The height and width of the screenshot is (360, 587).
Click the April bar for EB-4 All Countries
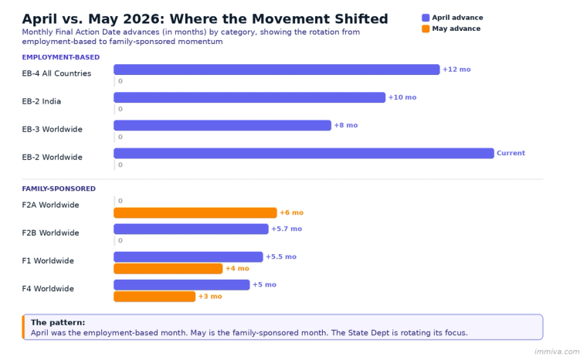click(x=277, y=70)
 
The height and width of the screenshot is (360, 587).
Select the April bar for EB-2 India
click(x=249, y=97)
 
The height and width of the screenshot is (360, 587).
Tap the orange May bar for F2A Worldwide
click(x=195, y=212)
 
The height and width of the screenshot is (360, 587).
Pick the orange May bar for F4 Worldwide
click(x=154, y=296)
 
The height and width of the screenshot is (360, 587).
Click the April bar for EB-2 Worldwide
click(x=304, y=153)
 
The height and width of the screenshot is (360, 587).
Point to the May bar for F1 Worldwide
click(x=168, y=268)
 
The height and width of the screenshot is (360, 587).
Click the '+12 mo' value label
click(x=456, y=70)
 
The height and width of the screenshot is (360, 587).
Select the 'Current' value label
click(x=511, y=153)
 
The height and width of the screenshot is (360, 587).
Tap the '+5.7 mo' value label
click(x=287, y=229)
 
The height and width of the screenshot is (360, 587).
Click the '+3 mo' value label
click(x=210, y=296)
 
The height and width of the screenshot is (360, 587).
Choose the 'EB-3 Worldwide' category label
click(x=52, y=129)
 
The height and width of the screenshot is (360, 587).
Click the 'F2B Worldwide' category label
click(x=52, y=233)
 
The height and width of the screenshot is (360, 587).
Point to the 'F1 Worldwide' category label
click(x=48, y=260)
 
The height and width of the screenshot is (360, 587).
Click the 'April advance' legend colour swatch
click(x=426, y=17)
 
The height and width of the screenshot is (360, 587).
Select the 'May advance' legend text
click(x=456, y=29)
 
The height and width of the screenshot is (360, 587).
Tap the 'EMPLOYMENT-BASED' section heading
click(x=60, y=57)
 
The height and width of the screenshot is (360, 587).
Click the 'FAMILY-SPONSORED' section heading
click(x=59, y=188)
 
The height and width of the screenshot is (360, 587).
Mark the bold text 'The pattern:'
click(x=58, y=322)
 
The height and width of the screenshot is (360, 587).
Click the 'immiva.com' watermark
click(x=556, y=352)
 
